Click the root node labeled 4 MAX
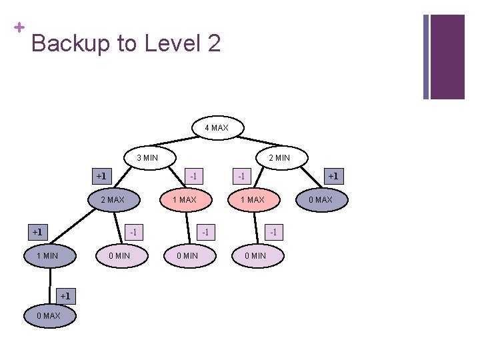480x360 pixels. (217, 127)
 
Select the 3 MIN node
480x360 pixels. (147, 158)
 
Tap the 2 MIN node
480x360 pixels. (279, 158)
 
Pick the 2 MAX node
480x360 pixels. (112, 200)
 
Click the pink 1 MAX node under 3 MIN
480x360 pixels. (184, 200)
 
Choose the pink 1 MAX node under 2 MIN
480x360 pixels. (252, 200)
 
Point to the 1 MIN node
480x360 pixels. (47, 256)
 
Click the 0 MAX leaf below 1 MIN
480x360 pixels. (47, 315)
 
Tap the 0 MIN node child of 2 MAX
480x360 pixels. (120, 256)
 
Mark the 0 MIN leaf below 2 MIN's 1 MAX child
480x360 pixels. (255, 256)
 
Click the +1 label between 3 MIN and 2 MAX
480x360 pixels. (101, 177)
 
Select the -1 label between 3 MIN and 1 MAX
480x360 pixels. (193, 177)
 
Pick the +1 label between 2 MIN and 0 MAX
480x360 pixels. (332, 177)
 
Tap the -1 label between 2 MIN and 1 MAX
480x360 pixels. (241, 177)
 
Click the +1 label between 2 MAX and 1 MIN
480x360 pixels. (37, 232)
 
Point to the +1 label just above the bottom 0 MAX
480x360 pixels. (65, 295)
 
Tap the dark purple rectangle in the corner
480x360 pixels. (447, 57)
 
